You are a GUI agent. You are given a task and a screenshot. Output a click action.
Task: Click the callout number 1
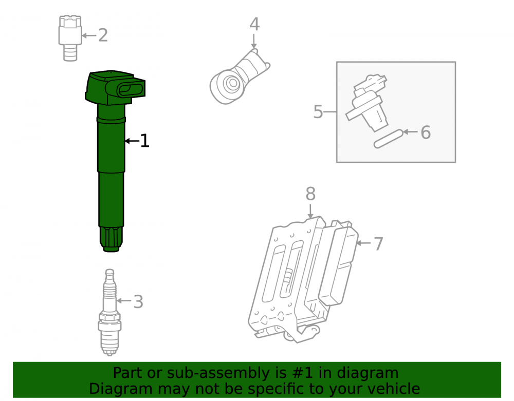click(x=144, y=141)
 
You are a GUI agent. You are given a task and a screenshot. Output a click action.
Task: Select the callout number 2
click(x=103, y=35)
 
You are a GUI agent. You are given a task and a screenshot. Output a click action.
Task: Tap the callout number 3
click(x=138, y=301)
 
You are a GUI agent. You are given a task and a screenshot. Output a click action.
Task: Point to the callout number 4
click(x=255, y=24)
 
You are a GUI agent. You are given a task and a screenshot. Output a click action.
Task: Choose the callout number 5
click(x=318, y=112)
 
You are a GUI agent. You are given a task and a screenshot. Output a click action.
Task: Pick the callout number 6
click(x=426, y=132)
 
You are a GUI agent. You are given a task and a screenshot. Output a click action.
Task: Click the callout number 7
click(x=378, y=244)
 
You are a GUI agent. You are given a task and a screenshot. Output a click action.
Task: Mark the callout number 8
click(x=310, y=194)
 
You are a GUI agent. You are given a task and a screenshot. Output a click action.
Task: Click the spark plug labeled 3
click(x=110, y=312)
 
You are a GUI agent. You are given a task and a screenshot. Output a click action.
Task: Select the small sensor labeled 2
click(x=70, y=38)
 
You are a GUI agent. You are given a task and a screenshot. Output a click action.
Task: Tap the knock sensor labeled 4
click(x=240, y=77)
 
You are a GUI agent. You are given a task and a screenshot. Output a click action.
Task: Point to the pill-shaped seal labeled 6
click(x=389, y=139)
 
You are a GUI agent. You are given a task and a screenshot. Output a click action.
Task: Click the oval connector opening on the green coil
click(x=130, y=89)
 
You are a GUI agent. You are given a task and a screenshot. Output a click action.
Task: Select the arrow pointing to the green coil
click(x=132, y=141)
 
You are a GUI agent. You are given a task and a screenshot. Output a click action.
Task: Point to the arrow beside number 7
click(x=363, y=243)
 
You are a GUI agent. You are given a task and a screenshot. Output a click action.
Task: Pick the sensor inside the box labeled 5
click(x=367, y=103)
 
